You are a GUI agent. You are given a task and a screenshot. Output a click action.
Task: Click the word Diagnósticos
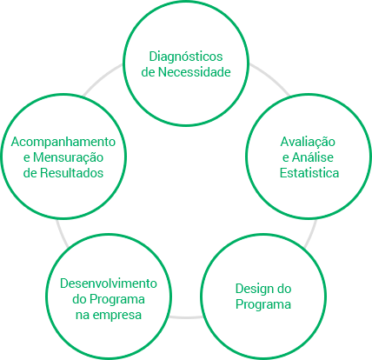(x=186, y=57)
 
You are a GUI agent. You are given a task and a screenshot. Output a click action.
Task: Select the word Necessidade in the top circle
(x=195, y=72)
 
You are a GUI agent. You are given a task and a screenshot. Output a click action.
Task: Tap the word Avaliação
(x=308, y=143)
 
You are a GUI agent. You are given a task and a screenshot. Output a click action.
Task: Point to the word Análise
(x=313, y=157)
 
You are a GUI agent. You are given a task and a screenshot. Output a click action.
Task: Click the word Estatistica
(x=309, y=173)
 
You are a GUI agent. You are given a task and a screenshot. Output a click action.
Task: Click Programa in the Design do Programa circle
(x=263, y=304)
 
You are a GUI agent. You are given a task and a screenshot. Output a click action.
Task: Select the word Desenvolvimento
(x=109, y=283)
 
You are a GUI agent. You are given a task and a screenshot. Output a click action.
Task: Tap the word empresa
(x=118, y=315)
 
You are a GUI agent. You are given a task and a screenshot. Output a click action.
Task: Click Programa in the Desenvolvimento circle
(x=116, y=299)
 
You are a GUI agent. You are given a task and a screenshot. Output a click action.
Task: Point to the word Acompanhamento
(x=63, y=142)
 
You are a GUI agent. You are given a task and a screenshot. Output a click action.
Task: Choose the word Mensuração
(x=68, y=157)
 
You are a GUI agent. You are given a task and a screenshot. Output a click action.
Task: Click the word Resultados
(x=71, y=173)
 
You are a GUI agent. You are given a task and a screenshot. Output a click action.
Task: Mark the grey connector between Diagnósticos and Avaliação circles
(x=271, y=78)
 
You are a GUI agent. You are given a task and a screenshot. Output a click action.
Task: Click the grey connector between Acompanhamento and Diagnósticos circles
(x=102, y=78)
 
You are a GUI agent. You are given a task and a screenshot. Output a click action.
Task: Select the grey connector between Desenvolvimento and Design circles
(x=186, y=317)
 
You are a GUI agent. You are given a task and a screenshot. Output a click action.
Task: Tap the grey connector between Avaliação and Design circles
(x=310, y=234)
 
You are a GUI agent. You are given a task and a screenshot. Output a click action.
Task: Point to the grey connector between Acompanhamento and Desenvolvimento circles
(x=62, y=234)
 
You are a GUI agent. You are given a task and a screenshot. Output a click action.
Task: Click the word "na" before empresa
(x=83, y=316)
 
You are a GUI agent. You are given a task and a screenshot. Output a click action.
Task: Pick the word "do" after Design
(x=284, y=289)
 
